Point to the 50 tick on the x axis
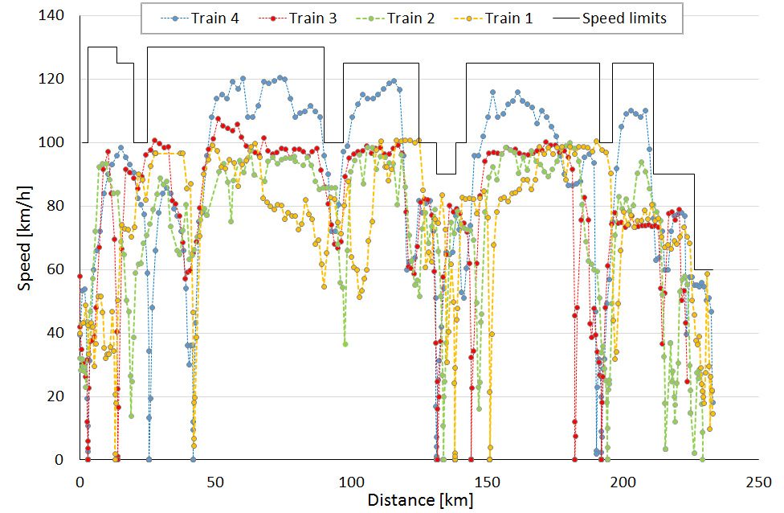coord(215,481)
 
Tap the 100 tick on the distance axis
coord(351,481)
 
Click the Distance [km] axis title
coord(420,500)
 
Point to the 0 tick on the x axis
coord(80,481)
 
